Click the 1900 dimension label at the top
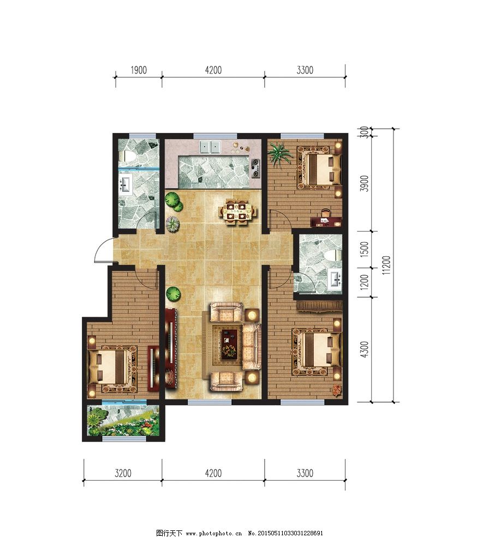(x=139, y=70)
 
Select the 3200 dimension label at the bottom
(x=123, y=473)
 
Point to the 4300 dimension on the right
(x=365, y=349)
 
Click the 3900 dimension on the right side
(x=365, y=183)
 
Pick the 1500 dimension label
(x=365, y=250)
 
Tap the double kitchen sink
(x=210, y=147)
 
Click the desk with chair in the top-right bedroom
(x=325, y=219)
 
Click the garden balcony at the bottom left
(x=123, y=420)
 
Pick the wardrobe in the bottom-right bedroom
(x=319, y=306)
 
